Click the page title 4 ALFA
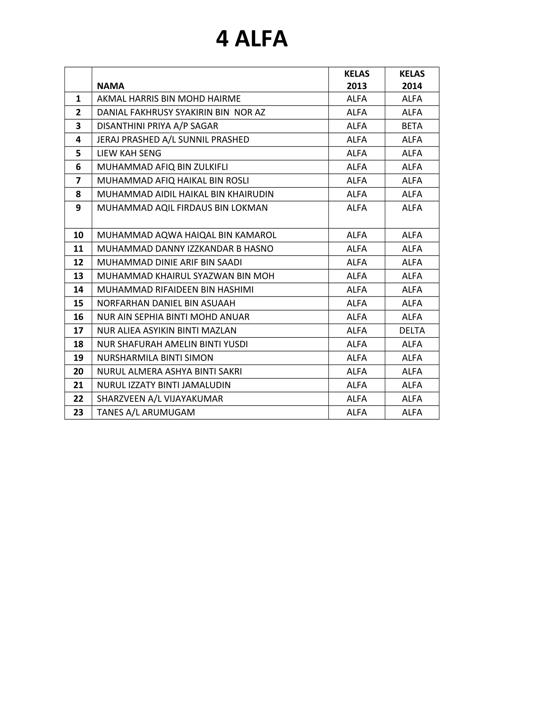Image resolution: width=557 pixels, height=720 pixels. tap(252, 39)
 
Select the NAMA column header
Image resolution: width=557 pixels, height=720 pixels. tap(110, 86)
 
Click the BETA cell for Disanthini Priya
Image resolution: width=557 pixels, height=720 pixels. tap(412, 126)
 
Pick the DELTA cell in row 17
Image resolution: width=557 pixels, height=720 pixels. tap(412, 330)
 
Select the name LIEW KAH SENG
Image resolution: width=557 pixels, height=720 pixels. tap(129, 153)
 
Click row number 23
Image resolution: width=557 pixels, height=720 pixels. tap(78, 412)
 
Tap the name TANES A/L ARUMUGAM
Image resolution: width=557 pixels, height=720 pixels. tap(146, 412)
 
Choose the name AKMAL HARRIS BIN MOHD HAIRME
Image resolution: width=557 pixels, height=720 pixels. tap(169, 99)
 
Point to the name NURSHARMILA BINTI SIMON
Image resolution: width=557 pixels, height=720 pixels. tap(155, 358)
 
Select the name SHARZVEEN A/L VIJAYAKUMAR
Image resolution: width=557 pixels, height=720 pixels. tap(160, 399)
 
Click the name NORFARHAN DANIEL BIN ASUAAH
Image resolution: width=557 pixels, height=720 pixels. tap(166, 303)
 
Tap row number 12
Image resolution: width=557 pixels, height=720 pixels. tap(78, 262)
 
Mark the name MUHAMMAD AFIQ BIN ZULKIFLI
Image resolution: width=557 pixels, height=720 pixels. tap(162, 167)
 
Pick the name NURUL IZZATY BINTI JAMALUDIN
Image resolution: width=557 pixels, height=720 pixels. tap(164, 385)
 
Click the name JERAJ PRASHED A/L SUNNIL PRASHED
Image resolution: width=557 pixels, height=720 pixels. tap(173, 140)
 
